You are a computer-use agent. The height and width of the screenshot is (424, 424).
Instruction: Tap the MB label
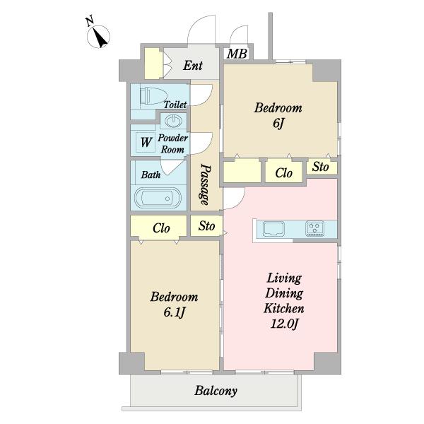point(237,54)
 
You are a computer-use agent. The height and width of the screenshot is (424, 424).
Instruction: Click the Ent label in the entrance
point(193,66)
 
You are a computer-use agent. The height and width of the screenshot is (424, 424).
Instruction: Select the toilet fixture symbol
point(153,95)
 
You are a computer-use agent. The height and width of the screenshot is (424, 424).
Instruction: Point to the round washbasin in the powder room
point(173,121)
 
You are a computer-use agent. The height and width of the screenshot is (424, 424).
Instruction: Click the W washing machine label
point(146,142)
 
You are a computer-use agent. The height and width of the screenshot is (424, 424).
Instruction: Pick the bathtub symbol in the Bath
point(158,198)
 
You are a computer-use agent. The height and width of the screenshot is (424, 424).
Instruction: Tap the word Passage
point(205,184)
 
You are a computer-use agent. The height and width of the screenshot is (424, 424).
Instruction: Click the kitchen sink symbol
point(273,229)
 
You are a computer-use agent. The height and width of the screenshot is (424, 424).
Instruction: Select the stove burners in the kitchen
point(314,228)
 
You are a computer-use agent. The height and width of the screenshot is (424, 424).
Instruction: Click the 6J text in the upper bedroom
point(278,124)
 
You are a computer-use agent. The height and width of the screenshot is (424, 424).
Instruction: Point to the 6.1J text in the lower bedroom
point(174,312)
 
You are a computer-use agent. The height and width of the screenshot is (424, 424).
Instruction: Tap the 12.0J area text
point(284,324)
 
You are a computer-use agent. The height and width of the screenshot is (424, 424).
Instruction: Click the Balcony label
point(216,391)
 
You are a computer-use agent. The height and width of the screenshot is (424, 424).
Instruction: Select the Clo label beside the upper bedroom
point(283,173)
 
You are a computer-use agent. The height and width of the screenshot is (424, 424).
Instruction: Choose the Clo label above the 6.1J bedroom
point(161,228)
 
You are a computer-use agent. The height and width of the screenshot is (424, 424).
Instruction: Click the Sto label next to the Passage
point(206,226)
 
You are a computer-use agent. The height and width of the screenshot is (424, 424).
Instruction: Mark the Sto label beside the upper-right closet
point(320,167)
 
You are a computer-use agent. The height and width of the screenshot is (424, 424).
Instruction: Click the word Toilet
point(175,105)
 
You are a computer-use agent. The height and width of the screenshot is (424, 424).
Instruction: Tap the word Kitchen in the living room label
point(284,309)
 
